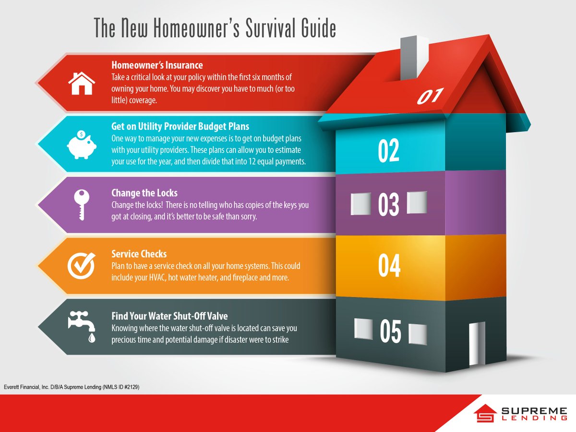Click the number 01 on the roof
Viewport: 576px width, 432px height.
coord(430,96)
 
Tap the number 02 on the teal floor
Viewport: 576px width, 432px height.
coord(388,151)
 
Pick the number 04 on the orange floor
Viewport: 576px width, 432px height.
coord(389,266)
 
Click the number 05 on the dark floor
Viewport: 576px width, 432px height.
coord(390,332)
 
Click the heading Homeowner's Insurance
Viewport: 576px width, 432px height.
coord(157,65)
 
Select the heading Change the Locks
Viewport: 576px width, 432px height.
coord(144,193)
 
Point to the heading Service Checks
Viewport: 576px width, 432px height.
coord(139,254)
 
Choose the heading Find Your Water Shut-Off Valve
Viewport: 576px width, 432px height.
coord(169,316)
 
